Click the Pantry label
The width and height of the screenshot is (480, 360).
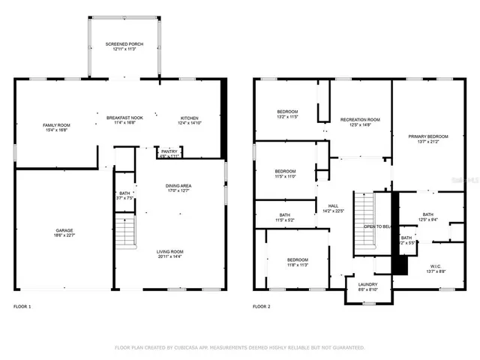(169, 153)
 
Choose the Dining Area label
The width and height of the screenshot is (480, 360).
(178, 187)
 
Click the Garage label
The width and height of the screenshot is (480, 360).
(63, 232)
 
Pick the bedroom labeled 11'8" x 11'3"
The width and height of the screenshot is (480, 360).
(298, 262)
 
